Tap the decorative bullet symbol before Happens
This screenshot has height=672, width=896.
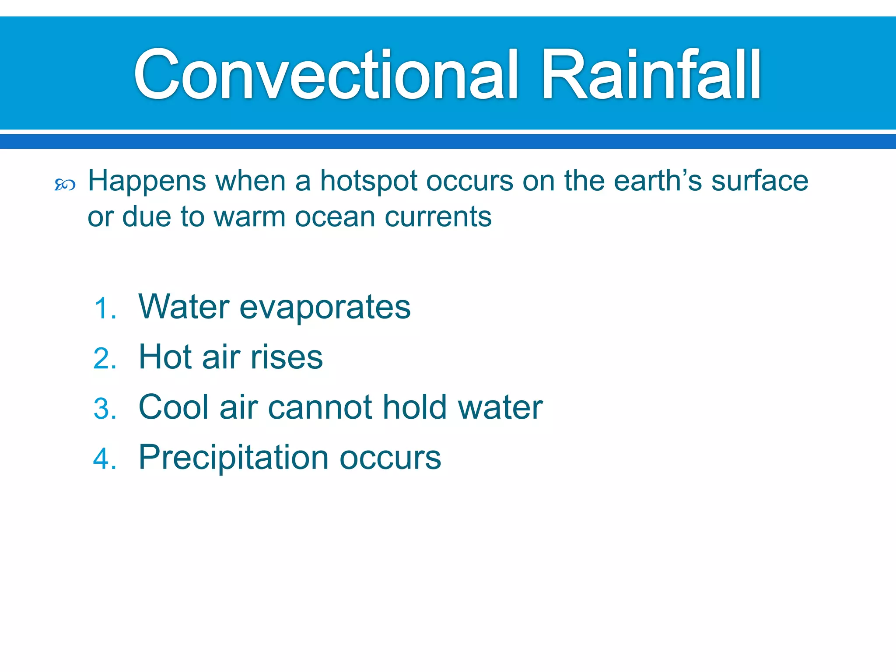pyautogui.click(x=65, y=185)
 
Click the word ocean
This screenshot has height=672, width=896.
pyautogui.click(x=335, y=217)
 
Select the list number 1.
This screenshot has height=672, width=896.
pyautogui.click(x=105, y=308)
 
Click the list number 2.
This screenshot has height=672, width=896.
pyautogui.click(x=105, y=359)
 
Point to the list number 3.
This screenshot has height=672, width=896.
pyautogui.click(x=105, y=409)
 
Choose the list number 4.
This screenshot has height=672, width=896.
pyautogui.click(x=105, y=459)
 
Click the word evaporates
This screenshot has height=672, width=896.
pyautogui.click(x=325, y=308)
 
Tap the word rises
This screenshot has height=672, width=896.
pyautogui.click(x=287, y=357)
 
